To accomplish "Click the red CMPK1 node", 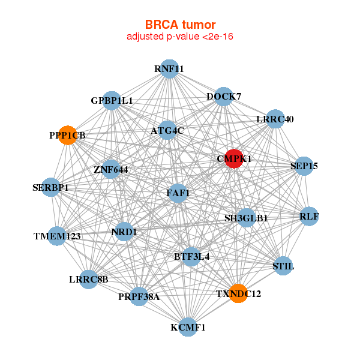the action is tap(233, 159).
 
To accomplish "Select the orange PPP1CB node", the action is tap(68, 136).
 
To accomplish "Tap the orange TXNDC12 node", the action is tap(238, 293).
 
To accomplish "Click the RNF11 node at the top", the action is tap(169, 69).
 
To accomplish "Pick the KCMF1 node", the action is tap(188, 327).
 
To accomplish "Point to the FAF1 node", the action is tap(178, 193).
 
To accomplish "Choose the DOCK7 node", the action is tap(224, 97).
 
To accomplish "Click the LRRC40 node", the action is tap(275, 119).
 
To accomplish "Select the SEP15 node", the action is tap(304, 166).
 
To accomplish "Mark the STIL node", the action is tap(283, 265).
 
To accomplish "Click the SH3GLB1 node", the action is tap(246, 218).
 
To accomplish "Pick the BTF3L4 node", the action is tap(191, 257).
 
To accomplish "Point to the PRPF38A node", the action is tap(139, 296).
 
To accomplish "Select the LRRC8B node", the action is tap(88, 279).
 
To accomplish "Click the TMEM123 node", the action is tap(57, 236).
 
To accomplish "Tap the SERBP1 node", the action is tap(51, 188).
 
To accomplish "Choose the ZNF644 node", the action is tap(111, 170).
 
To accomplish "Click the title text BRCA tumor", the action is tap(180, 25).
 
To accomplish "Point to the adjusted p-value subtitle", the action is tap(180, 37).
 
